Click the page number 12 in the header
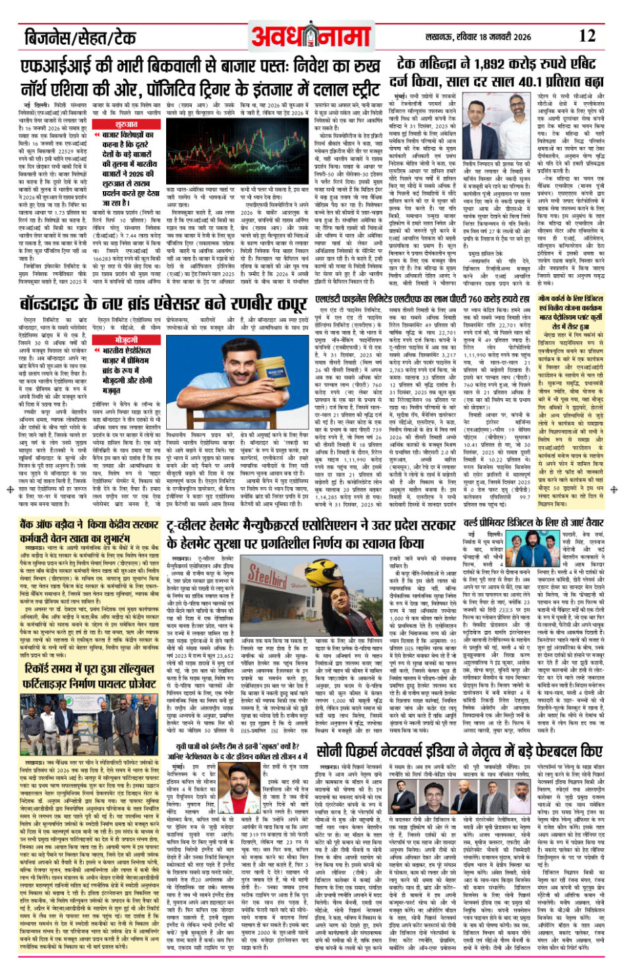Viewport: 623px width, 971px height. click(x=587, y=36)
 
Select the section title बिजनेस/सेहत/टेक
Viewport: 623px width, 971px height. click(x=80, y=37)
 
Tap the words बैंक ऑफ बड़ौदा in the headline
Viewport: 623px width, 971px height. click(x=53, y=525)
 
